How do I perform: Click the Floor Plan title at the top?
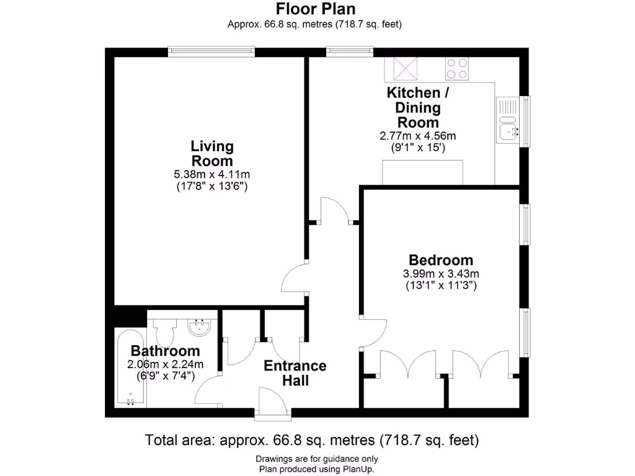click(x=316, y=9)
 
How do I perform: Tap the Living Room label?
click(x=212, y=153)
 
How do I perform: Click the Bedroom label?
click(x=441, y=260)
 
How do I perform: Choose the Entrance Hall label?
click(x=295, y=373)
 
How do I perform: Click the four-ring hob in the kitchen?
click(x=457, y=68)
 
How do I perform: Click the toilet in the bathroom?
click(x=166, y=332)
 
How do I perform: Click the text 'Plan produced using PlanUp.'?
click(x=316, y=469)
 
